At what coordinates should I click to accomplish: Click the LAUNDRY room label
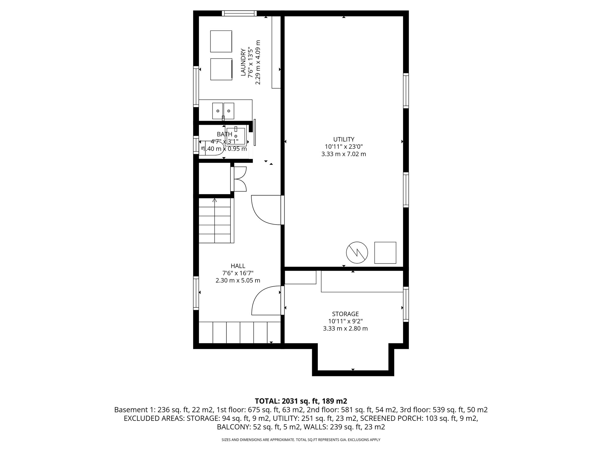(x=243, y=62)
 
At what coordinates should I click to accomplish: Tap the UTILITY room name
(x=344, y=139)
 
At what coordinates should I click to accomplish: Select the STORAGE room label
(x=345, y=314)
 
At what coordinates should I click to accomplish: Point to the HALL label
(x=238, y=266)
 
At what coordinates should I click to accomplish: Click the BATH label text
(x=224, y=134)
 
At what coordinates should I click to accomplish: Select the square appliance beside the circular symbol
(x=385, y=253)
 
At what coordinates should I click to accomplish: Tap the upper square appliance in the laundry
(x=221, y=41)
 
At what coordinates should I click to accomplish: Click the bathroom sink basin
(x=236, y=136)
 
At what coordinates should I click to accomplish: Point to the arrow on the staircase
(x=215, y=201)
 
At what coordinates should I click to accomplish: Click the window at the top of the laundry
(x=239, y=13)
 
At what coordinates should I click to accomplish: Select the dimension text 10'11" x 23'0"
(x=344, y=147)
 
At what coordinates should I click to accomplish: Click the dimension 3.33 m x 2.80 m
(x=345, y=328)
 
